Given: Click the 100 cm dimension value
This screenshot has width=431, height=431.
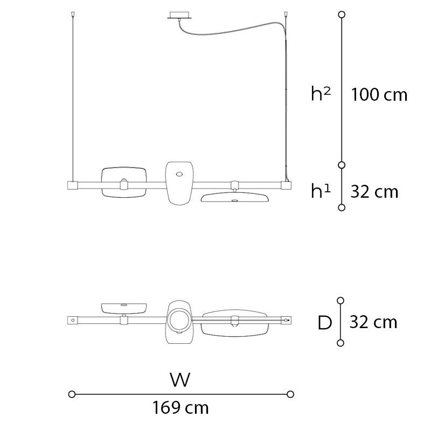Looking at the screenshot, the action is (x=379, y=95).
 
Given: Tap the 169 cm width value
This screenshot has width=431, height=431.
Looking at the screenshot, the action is (x=180, y=407).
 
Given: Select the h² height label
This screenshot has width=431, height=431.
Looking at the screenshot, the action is (x=321, y=93).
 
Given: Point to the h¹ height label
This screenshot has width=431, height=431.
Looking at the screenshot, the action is (x=321, y=191).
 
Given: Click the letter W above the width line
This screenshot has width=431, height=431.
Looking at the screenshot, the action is (x=180, y=380).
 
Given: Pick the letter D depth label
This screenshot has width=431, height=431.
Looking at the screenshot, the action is (x=325, y=322).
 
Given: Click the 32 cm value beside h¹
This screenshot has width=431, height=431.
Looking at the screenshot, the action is (x=374, y=192).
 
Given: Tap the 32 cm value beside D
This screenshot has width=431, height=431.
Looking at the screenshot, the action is (x=373, y=322).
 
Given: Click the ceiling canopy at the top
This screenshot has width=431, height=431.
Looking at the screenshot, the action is (x=179, y=16).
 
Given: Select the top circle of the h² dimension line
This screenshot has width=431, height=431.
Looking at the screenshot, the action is (x=342, y=15).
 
